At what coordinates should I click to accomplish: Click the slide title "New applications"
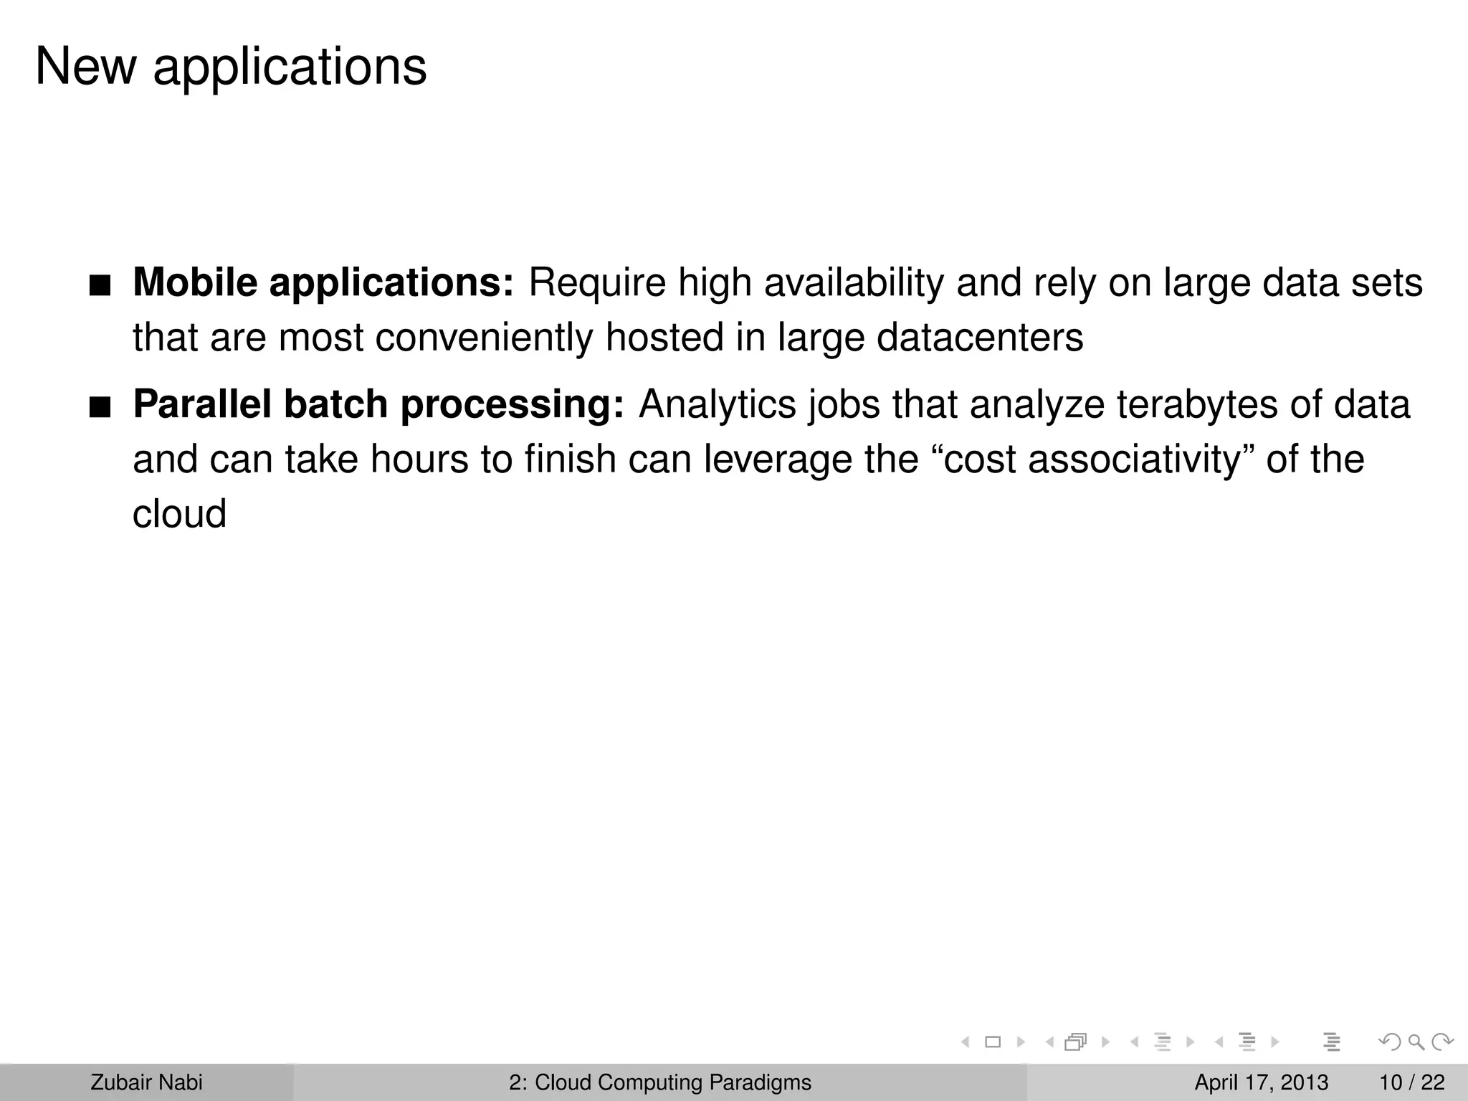[x=230, y=67]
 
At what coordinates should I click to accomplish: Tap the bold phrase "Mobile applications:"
[x=323, y=282]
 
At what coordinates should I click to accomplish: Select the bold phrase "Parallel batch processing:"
[x=378, y=404]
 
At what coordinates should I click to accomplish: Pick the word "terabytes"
[x=1197, y=404]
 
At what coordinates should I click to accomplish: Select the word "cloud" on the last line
[x=179, y=514]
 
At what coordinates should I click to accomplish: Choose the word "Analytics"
[x=717, y=404]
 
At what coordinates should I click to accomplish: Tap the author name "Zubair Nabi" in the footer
[x=146, y=1082]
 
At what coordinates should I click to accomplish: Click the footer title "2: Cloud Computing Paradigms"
[x=660, y=1082]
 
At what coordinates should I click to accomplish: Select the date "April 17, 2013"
[x=1261, y=1082]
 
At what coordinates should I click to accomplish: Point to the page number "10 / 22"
[x=1412, y=1082]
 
